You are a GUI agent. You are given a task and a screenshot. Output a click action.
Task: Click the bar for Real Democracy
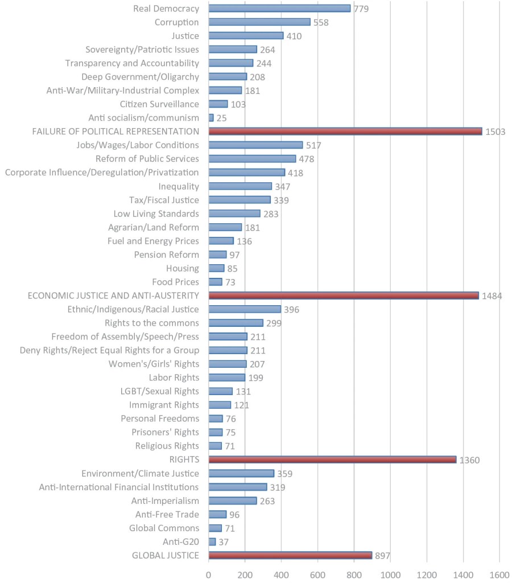(x=279, y=9)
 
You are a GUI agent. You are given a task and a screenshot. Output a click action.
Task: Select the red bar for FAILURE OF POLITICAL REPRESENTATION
(x=345, y=132)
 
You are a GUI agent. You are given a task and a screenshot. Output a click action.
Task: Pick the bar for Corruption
(x=259, y=22)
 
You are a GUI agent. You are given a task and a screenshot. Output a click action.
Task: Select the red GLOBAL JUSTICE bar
(x=290, y=555)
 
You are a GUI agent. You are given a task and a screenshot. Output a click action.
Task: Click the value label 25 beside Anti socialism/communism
(x=222, y=118)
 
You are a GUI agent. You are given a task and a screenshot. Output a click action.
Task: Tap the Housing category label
(x=183, y=268)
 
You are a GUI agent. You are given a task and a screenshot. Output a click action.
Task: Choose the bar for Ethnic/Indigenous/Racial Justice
(x=245, y=309)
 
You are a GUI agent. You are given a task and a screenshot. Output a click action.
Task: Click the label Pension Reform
(x=167, y=254)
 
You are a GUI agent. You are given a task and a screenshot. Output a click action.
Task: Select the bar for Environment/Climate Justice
(x=241, y=473)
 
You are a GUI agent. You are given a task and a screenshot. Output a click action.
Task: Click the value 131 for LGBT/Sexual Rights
(x=243, y=391)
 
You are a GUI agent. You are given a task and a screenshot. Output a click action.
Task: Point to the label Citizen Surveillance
(x=160, y=104)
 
